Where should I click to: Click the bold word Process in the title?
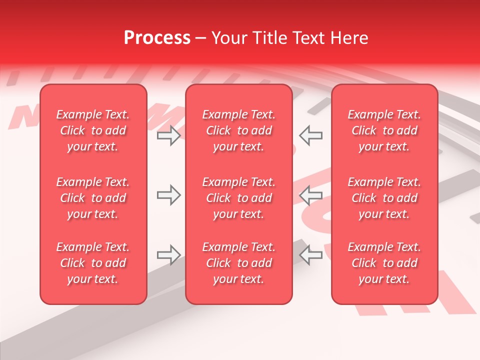tap(157, 38)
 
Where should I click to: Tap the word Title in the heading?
tap(268, 38)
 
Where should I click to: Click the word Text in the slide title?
tap(308, 38)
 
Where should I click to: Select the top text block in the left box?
tap(93, 130)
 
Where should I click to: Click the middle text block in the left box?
tap(93, 198)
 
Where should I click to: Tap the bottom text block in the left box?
tap(93, 263)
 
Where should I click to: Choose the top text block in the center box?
tap(239, 130)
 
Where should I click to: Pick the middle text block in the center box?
tap(239, 198)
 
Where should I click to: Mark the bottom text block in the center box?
tap(239, 263)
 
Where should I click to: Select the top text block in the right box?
tap(384, 130)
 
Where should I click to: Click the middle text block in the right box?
tap(384, 198)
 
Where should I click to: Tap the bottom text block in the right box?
tap(384, 263)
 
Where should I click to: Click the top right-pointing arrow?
tap(168, 135)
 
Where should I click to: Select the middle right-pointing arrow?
tap(168, 195)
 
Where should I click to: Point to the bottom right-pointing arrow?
tap(168, 255)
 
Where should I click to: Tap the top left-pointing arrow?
tap(310, 135)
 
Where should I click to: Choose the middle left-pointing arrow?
tap(310, 195)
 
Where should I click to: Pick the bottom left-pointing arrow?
tap(310, 255)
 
